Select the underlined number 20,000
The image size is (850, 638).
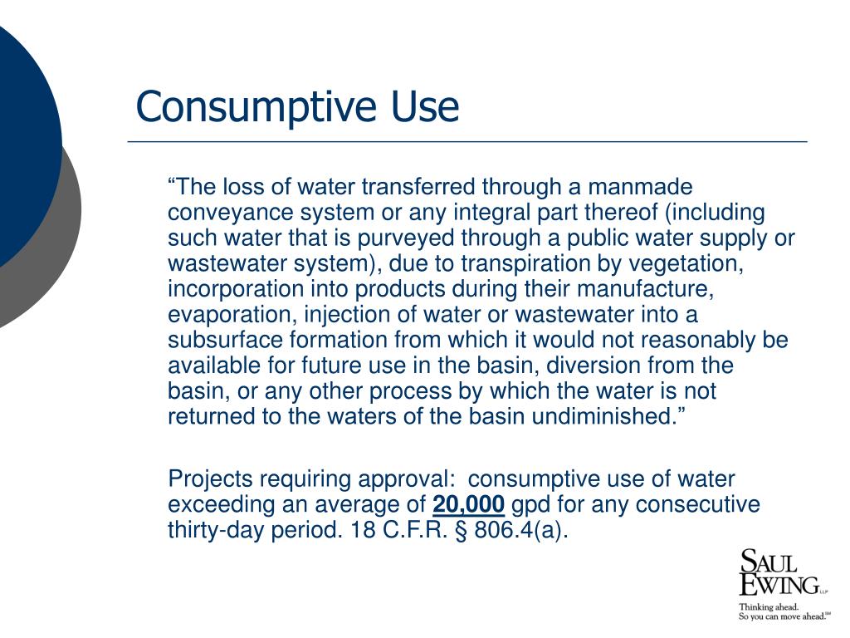coord(468,504)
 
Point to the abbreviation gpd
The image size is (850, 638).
coord(530,505)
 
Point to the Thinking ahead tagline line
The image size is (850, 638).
coord(769,606)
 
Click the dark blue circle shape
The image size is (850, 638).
coord(21,141)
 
